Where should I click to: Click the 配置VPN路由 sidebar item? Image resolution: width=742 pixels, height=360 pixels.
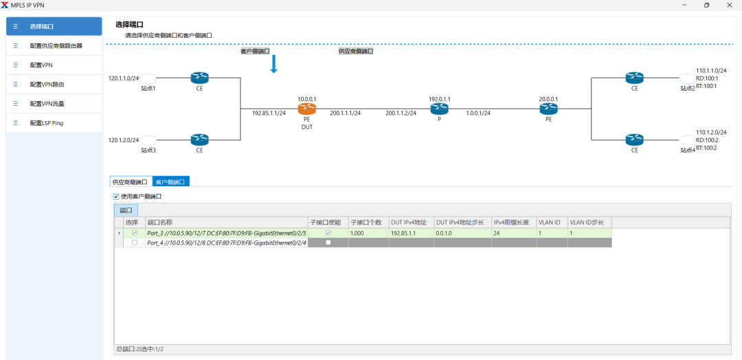pos(48,85)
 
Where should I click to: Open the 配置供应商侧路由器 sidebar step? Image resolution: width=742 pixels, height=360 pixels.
pos(56,46)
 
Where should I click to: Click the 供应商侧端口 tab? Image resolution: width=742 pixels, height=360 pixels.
pos(130,182)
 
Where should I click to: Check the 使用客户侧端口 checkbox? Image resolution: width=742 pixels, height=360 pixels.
pos(116,196)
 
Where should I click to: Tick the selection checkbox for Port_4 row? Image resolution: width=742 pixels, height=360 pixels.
pos(135,243)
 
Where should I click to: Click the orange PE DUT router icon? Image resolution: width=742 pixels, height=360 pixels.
pos(306,109)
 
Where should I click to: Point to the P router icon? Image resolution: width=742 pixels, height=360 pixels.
pos(439,109)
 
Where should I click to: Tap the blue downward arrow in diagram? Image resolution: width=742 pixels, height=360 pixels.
pos(273,65)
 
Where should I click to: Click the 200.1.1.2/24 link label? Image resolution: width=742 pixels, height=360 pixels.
pos(401,113)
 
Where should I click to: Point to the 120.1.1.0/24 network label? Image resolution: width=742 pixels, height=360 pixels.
pos(124,78)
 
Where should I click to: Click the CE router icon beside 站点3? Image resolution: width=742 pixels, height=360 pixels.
pos(199,139)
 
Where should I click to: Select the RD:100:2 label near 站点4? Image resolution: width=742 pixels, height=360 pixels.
pos(707,140)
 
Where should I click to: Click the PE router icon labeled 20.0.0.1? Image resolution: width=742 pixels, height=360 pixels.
pos(548,109)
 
